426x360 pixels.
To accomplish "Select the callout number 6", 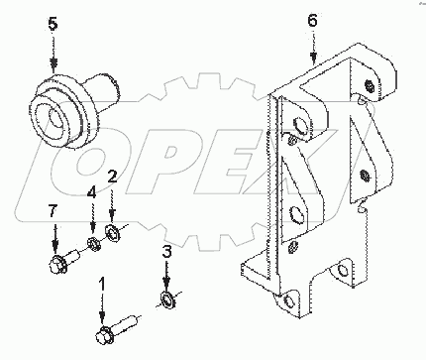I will tap(313, 20).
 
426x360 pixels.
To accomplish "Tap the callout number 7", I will tap(55, 212).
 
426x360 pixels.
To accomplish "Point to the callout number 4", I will tap(91, 192).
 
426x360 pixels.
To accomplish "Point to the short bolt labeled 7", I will tap(59, 264).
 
